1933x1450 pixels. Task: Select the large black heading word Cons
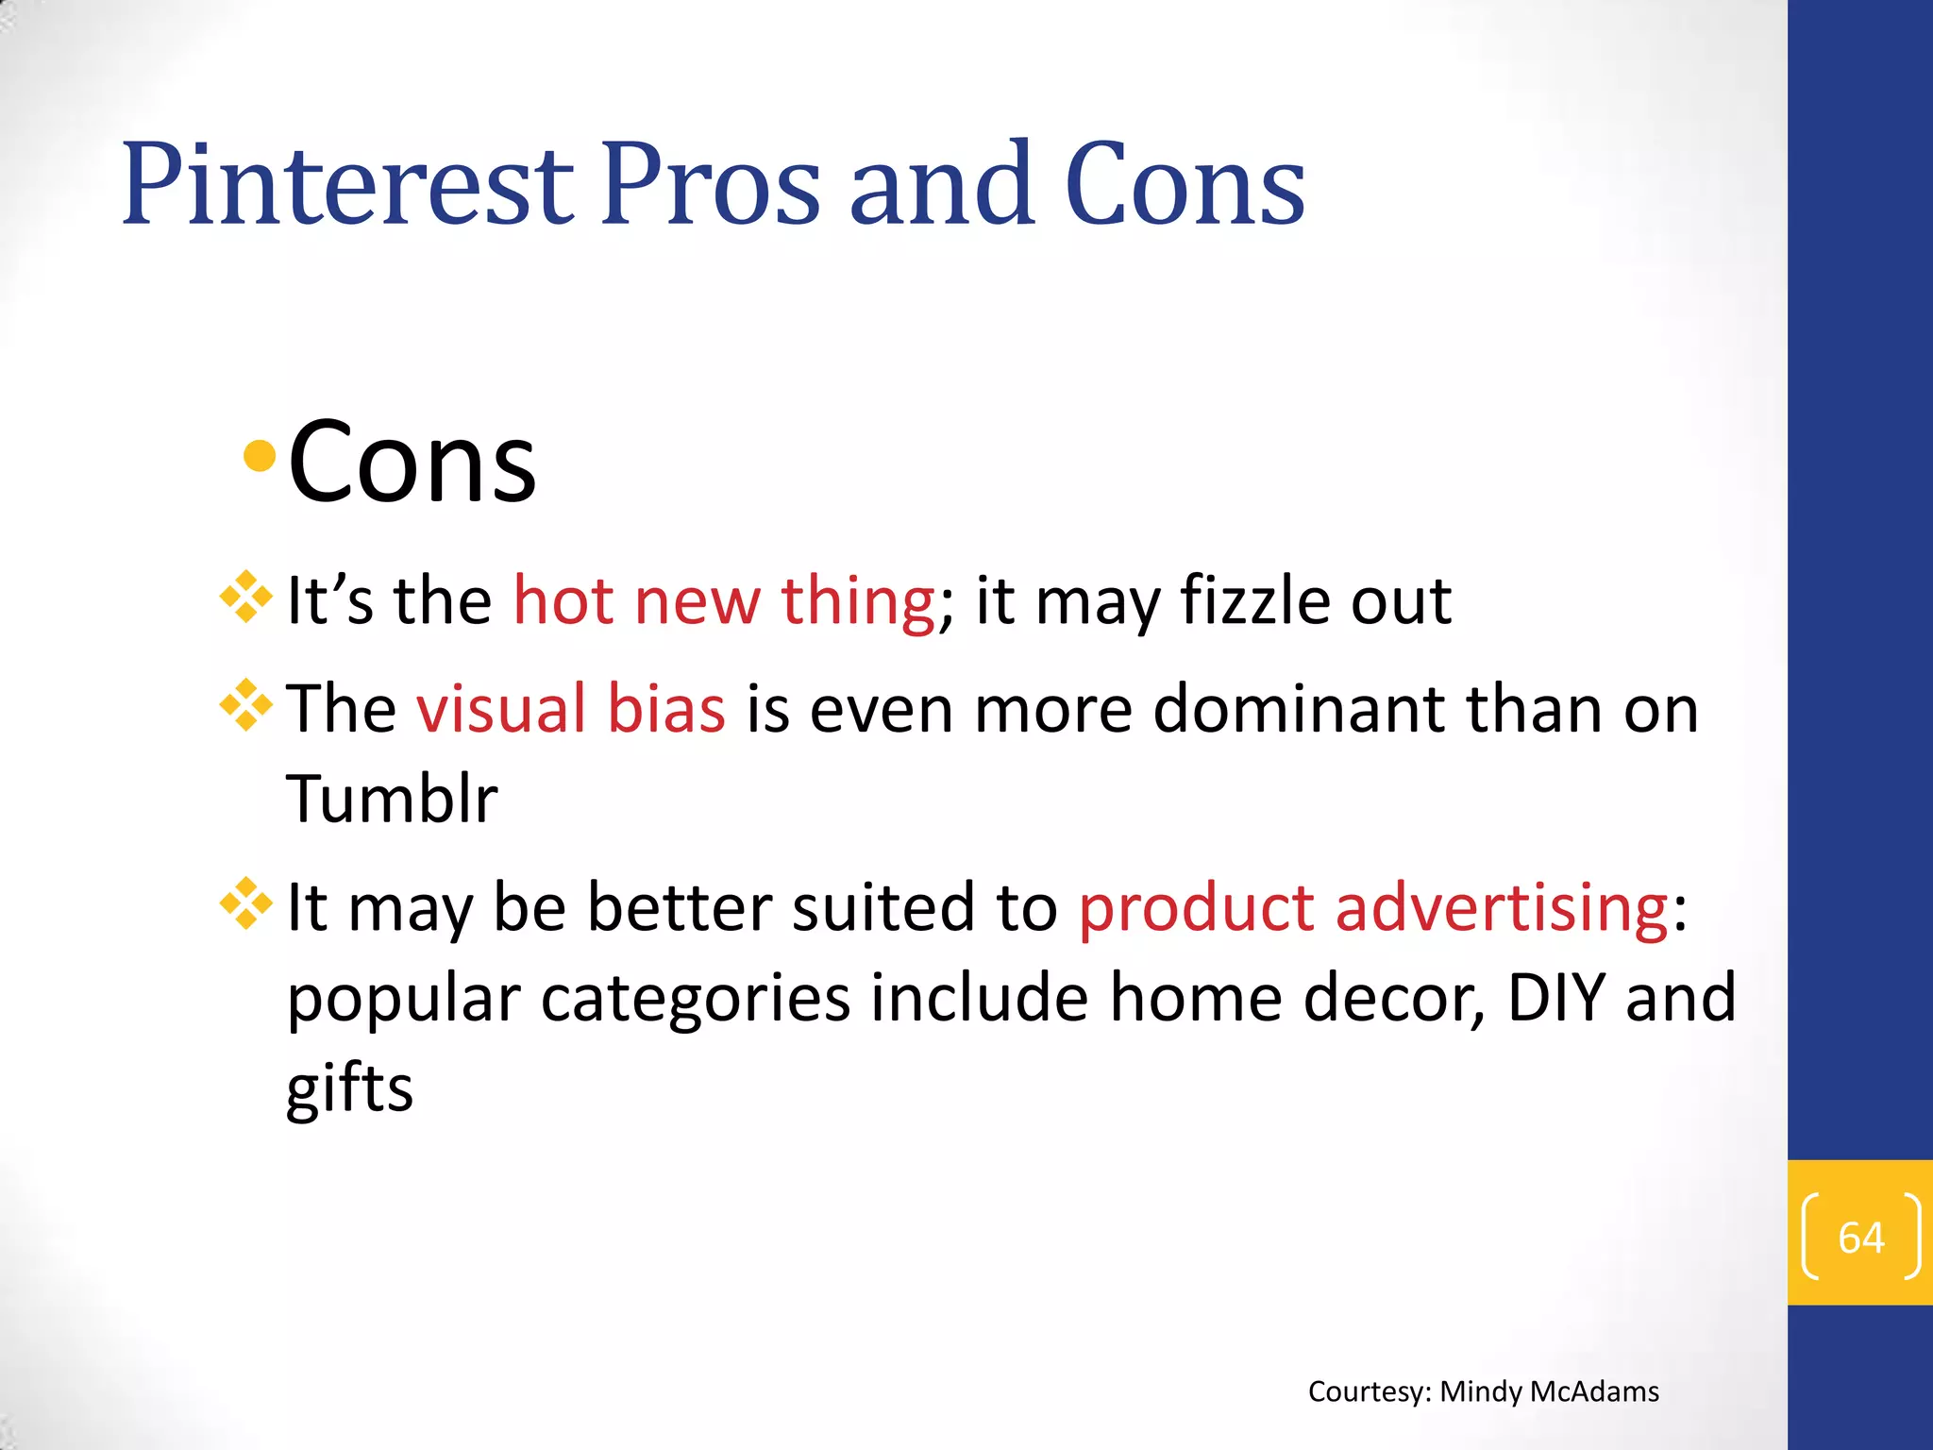pos(412,463)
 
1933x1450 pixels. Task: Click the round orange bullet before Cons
pos(259,458)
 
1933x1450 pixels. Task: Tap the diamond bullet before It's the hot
pos(246,597)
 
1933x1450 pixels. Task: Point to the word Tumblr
pos(392,799)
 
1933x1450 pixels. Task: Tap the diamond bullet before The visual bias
pos(246,705)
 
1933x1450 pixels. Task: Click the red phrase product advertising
pos(1373,907)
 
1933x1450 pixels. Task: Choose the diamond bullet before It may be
pos(246,903)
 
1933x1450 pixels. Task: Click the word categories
pos(695,999)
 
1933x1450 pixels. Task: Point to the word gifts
pos(349,1088)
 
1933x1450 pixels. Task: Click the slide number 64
pos(1860,1237)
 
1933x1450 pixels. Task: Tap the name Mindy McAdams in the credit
pos(1549,1391)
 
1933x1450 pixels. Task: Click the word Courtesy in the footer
pos(1369,1391)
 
